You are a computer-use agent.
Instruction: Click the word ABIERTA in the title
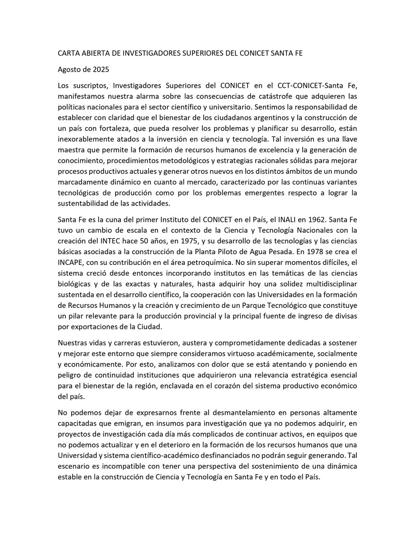pyautogui.click(x=98, y=53)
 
